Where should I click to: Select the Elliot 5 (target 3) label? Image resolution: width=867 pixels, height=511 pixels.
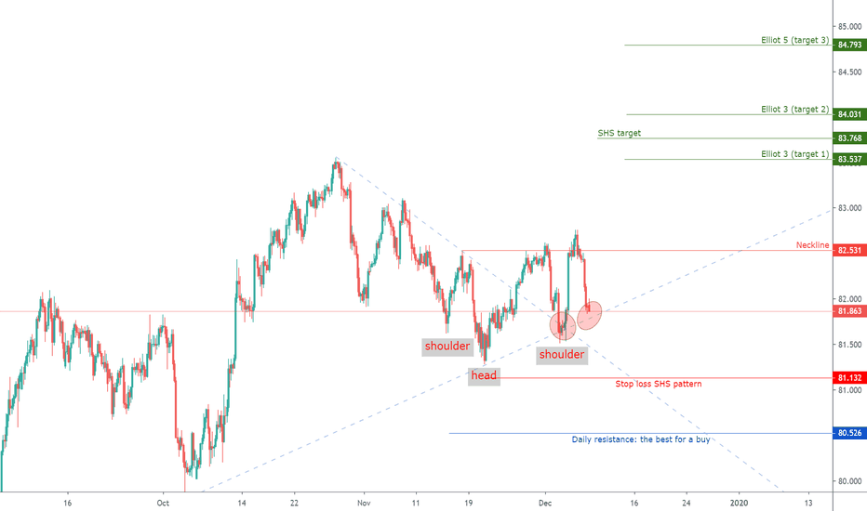tap(794, 41)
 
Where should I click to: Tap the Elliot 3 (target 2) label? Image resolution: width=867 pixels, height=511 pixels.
tap(794, 110)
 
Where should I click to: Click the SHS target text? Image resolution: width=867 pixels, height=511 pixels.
tap(619, 134)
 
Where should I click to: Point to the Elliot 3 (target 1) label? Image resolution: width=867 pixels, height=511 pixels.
tap(794, 154)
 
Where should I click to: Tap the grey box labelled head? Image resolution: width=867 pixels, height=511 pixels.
tap(484, 375)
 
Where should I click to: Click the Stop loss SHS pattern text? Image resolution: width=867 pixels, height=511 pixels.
tap(659, 384)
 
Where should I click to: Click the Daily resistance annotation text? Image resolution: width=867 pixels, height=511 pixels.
tap(640, 439)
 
